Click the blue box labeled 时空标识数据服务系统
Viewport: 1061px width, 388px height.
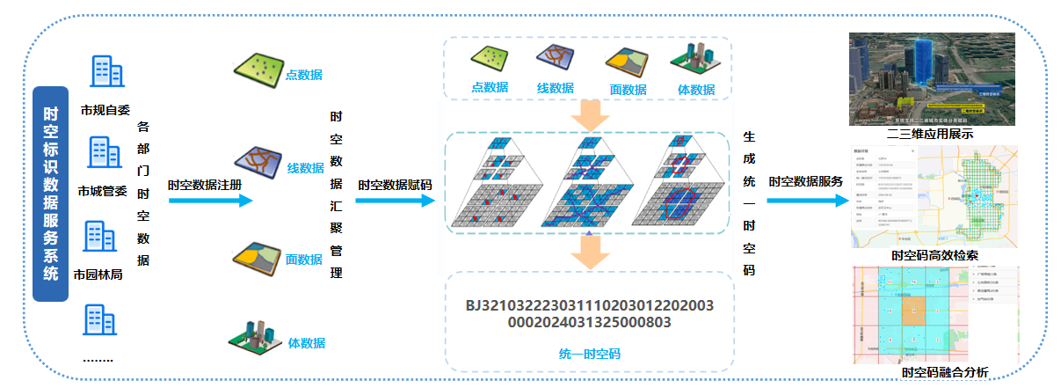coord(51,193)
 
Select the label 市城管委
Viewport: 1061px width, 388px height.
coord(102,191)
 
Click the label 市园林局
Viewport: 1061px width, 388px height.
coord(98,274)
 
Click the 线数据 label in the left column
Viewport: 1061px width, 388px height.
coord(305,168)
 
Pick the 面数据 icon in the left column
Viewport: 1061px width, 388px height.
coord(258,252)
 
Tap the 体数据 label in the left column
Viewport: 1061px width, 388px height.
coord(307,342)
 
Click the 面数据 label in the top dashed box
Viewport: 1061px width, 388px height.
coord(628,89)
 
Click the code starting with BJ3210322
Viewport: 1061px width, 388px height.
coord(589,314)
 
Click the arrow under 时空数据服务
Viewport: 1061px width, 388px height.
coord(804,201)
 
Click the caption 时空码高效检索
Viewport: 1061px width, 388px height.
coord(934,255)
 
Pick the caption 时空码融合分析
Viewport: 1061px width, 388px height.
coord(945,373)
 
